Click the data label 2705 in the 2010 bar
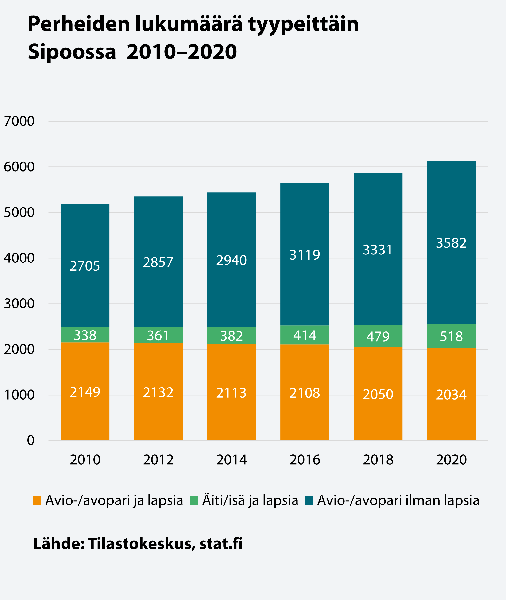pyautogui.click(x=85, y=266)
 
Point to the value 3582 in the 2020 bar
pyautogui.click(x=451, y=243)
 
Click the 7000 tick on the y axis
pyautogui.click(x=19, y=121)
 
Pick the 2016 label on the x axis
pyautogui.click(x=305, y=460)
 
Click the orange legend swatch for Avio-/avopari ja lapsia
pyautogui.click(x=37, y=500)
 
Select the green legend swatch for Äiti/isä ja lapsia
pyautogui.click(x=194, y=500)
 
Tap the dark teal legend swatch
pyautogui.click(x=309, y=500)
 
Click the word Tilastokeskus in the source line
pyautogui.click(x=140, y=543)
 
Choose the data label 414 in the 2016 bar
pyautogui.click(x=305, y=335)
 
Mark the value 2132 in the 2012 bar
pyautogui.click(x=158, y=392)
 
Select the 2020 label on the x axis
pyautogui.click(x=451, y=460)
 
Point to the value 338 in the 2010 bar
pyautogui.click(x=85, y=335)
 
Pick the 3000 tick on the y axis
pyautogui.click(x=19, y=304)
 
